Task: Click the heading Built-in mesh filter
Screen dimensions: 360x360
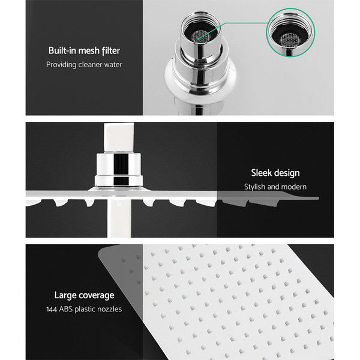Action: point(85,51)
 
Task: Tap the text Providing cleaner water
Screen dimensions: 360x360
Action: point(85,65)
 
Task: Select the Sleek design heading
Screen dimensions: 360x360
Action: point(275,173)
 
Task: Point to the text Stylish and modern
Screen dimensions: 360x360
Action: point(275,187)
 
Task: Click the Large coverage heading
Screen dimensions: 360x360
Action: point(83,295)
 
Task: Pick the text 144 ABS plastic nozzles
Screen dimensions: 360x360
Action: point(83,309)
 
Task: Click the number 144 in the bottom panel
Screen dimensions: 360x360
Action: point(53,309)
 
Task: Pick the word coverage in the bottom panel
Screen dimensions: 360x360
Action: point(96,295)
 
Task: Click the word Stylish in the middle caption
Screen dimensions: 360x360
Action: point(256,187)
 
